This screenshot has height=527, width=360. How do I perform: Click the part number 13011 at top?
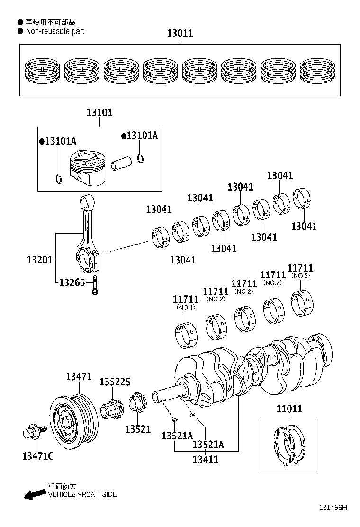(x=180, y=34)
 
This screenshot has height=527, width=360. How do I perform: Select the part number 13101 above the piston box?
(x=99, y=113)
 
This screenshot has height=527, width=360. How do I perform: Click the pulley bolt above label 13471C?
(x=34, y=432)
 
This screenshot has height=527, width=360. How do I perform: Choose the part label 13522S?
(x=115, y=382)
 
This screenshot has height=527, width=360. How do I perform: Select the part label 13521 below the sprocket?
(x=138, y=429)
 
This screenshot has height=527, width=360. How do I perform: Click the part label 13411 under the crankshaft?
(x=206, y=459)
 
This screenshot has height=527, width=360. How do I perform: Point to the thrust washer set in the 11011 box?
(x=289, y=445)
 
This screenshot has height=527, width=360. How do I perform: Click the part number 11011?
(x=288, y=409)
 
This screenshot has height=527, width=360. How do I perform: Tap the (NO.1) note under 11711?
(x=186, y=308)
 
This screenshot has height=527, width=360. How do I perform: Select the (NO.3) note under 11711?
(x=300, y=276)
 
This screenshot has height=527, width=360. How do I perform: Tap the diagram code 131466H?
(x=332, y=507)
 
